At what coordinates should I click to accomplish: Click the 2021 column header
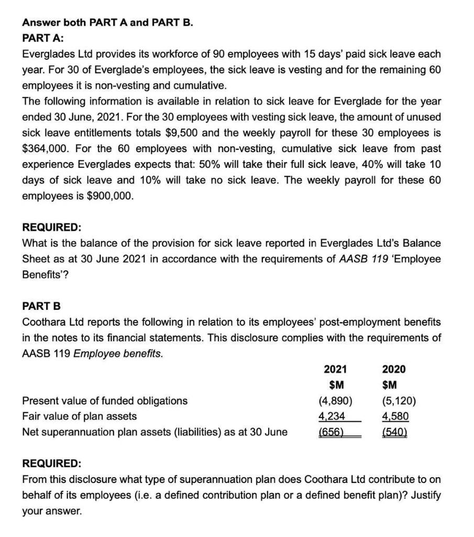[x=335, y=369]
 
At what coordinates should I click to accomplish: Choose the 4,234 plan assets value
[x=332, y=416]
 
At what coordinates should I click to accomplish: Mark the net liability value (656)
[x=332, y=432]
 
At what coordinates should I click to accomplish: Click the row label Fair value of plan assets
[x=79, y=416]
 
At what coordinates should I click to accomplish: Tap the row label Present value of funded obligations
[x=104, y=401]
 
